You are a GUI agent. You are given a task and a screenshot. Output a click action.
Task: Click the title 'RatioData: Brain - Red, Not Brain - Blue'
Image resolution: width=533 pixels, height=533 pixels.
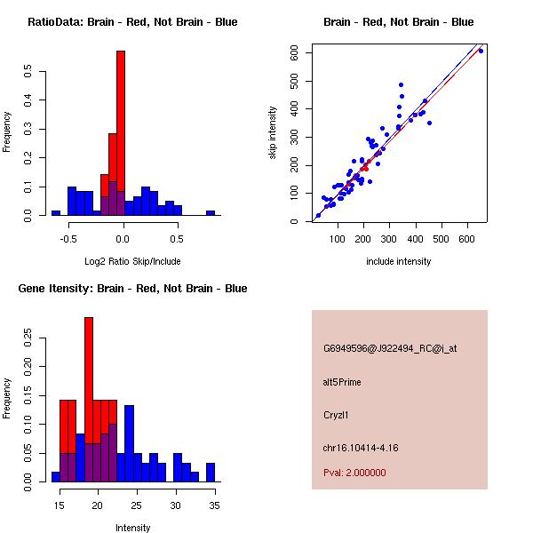pyautogui.click(x=132, y=22)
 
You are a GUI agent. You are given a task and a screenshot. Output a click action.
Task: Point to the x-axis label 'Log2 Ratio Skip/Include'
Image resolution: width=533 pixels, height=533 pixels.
pyautogui.click(x=132, y=261)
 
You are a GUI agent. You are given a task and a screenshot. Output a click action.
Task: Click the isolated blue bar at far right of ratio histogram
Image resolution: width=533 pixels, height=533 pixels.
pyautogui.click(x=211, y=213)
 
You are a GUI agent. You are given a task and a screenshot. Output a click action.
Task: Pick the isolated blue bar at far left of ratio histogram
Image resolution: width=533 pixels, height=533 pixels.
pyautogui.click(x=56, y=213)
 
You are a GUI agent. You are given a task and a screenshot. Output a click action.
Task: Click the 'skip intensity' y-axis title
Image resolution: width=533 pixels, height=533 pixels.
pyautogui.click(x=274, y=133)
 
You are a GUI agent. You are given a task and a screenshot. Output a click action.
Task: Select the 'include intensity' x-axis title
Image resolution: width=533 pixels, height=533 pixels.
pyautogui.click(x=398, y=261)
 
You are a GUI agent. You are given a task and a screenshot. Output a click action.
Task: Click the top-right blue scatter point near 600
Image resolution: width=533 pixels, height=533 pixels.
pyautogui.click(x=481, y=51)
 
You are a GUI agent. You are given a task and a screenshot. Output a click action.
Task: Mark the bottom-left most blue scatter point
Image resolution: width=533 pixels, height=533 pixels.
pyautogui.click(x=317, y=216)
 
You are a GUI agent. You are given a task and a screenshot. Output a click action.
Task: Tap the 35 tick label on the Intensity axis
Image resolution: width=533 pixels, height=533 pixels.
pyautogui.click(x=214, y=505)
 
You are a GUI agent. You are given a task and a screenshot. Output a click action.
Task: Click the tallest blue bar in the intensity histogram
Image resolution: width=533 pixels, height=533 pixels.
pyautogui.click(x=129, y=444)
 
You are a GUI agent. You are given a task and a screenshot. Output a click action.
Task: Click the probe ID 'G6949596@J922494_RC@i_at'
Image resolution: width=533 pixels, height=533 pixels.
pyautogui.click(x=390, y=349)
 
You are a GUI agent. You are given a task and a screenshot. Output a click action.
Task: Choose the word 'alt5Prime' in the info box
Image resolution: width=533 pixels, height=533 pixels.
pyautogui.click(x=342, y=382)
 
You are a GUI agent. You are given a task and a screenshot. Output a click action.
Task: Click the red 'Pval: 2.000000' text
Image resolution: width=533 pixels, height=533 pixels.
pyautogui.click(x=354, y=473)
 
